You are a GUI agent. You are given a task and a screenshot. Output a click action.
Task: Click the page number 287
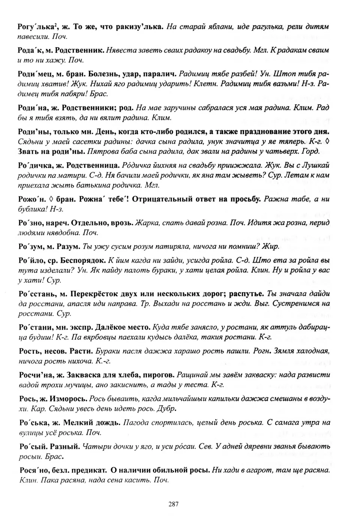(x=173, y=504)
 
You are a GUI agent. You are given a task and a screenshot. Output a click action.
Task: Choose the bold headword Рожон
(x=29, y=199)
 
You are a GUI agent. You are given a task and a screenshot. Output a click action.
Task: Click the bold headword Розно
(x=29, y=223)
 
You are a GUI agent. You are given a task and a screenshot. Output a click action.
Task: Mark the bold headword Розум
(x=29, y=247)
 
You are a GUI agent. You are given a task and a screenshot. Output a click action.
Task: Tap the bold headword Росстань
(x=34, y=294)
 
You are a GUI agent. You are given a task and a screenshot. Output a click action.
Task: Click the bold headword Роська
(x=31, y=422)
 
